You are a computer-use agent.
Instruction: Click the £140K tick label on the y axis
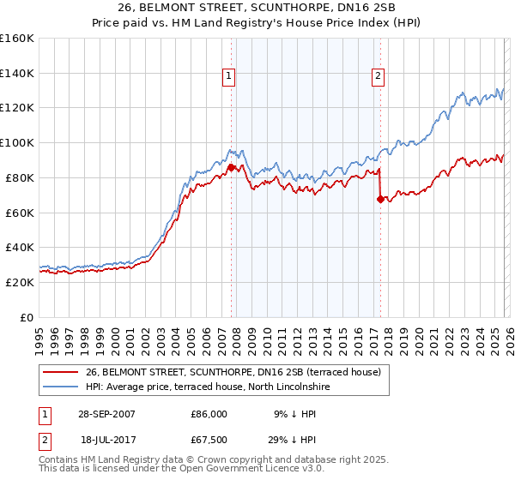[x=17, y=73]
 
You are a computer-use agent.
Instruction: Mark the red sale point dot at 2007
[x=232, y=167]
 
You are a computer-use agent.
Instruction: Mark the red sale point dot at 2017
[x=380, y=199]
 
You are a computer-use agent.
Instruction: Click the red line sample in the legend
[x=59, y=372]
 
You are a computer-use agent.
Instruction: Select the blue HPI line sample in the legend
[x=59, y=387]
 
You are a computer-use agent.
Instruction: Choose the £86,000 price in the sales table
[x=209, y=414]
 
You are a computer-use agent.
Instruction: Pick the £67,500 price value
[x=209, y=440]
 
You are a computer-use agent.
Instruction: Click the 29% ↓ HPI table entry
[x=292, y=440]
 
